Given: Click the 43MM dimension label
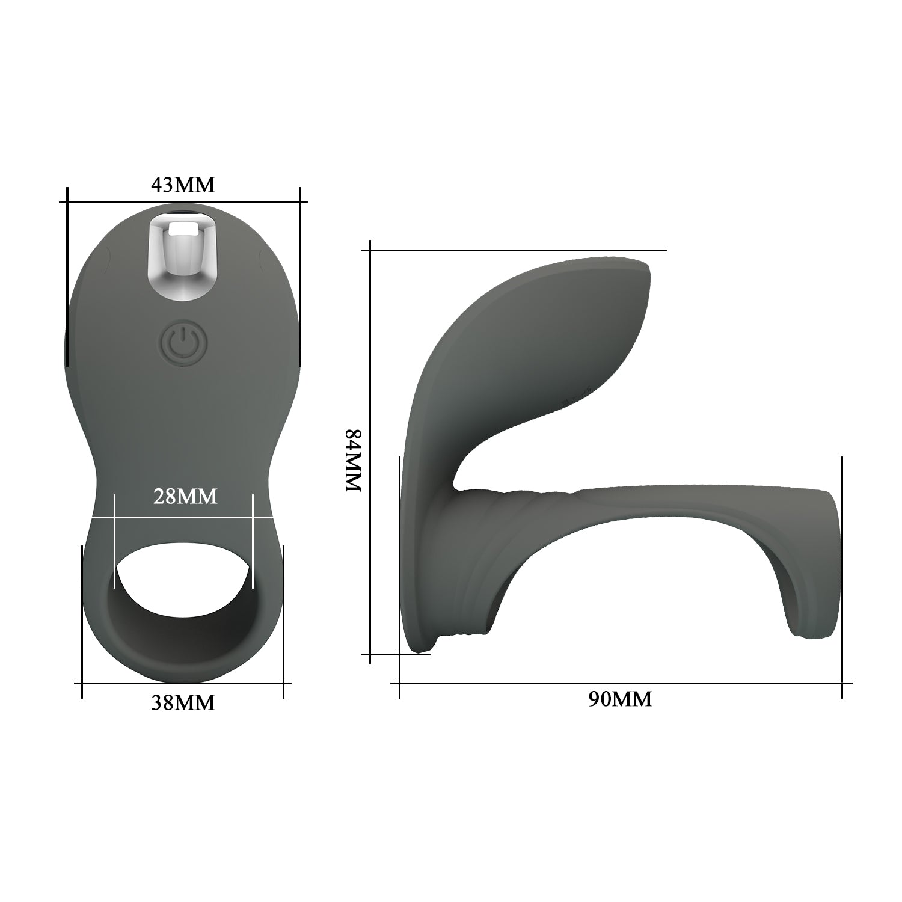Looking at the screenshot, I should (x=182, y=185).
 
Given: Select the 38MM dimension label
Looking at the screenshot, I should (x=182, y=702).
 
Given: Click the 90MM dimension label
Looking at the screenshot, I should (x=620, y=699).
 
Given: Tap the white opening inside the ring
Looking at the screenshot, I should (x=183, y=569).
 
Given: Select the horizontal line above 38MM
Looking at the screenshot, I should (x=182, y=683).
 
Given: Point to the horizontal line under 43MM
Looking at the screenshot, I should (x=183, y=203).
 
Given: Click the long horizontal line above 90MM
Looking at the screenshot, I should (x=620, y=683).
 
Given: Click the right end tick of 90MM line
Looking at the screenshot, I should (x=842, y=683).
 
